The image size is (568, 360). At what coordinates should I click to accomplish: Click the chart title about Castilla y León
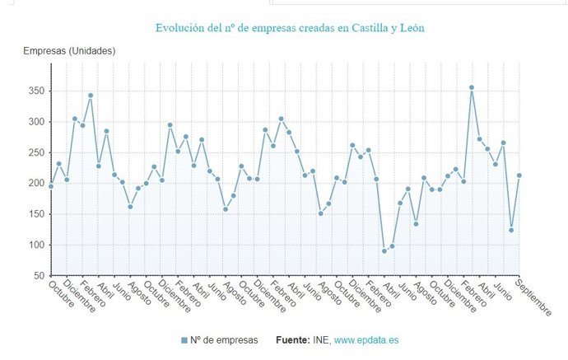pos(290,29)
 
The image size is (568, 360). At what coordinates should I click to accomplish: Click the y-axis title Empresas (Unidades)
pos(69,51)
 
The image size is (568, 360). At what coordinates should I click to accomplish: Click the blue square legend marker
pos(184,340)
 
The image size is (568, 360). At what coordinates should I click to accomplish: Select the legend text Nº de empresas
pos(223,340)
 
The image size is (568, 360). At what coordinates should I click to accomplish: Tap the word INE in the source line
pos(323,340)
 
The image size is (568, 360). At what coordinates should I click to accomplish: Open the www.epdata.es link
pos(366,340)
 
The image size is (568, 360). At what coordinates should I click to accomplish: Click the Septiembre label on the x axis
pos(533,297)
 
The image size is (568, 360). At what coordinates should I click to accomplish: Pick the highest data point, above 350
pos(472,87)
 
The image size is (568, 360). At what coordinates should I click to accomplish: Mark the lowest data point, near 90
pos(384,251)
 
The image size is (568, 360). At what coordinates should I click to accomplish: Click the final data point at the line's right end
pos(519,175)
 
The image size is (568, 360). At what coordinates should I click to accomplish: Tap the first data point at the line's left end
pos(51,186)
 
